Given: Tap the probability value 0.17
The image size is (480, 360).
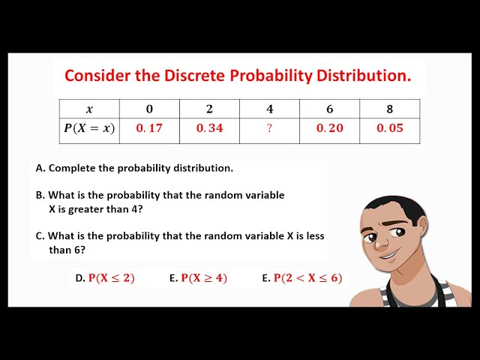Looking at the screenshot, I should point(149,128).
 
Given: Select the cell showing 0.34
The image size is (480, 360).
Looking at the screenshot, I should point(210,128).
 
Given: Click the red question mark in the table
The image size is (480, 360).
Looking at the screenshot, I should point(269,128).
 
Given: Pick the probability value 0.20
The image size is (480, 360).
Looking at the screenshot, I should point(329,128).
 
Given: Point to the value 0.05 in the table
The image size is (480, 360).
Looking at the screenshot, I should point(390,128).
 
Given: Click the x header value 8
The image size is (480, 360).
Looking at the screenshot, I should point(390,109).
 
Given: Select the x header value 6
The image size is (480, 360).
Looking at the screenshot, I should point(329,109).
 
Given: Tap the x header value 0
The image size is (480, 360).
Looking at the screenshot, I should point(149,109).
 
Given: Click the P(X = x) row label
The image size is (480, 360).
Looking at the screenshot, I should point(89,128).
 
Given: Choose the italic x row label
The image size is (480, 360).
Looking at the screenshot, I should point(89,109).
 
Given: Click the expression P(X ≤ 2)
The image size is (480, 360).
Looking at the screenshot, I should point(111,278).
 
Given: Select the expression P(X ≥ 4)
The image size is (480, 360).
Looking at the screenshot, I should point(204,278).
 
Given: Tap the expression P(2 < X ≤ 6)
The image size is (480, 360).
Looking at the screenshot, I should point(307,278).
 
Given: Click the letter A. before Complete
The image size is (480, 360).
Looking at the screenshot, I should point(40,169).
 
